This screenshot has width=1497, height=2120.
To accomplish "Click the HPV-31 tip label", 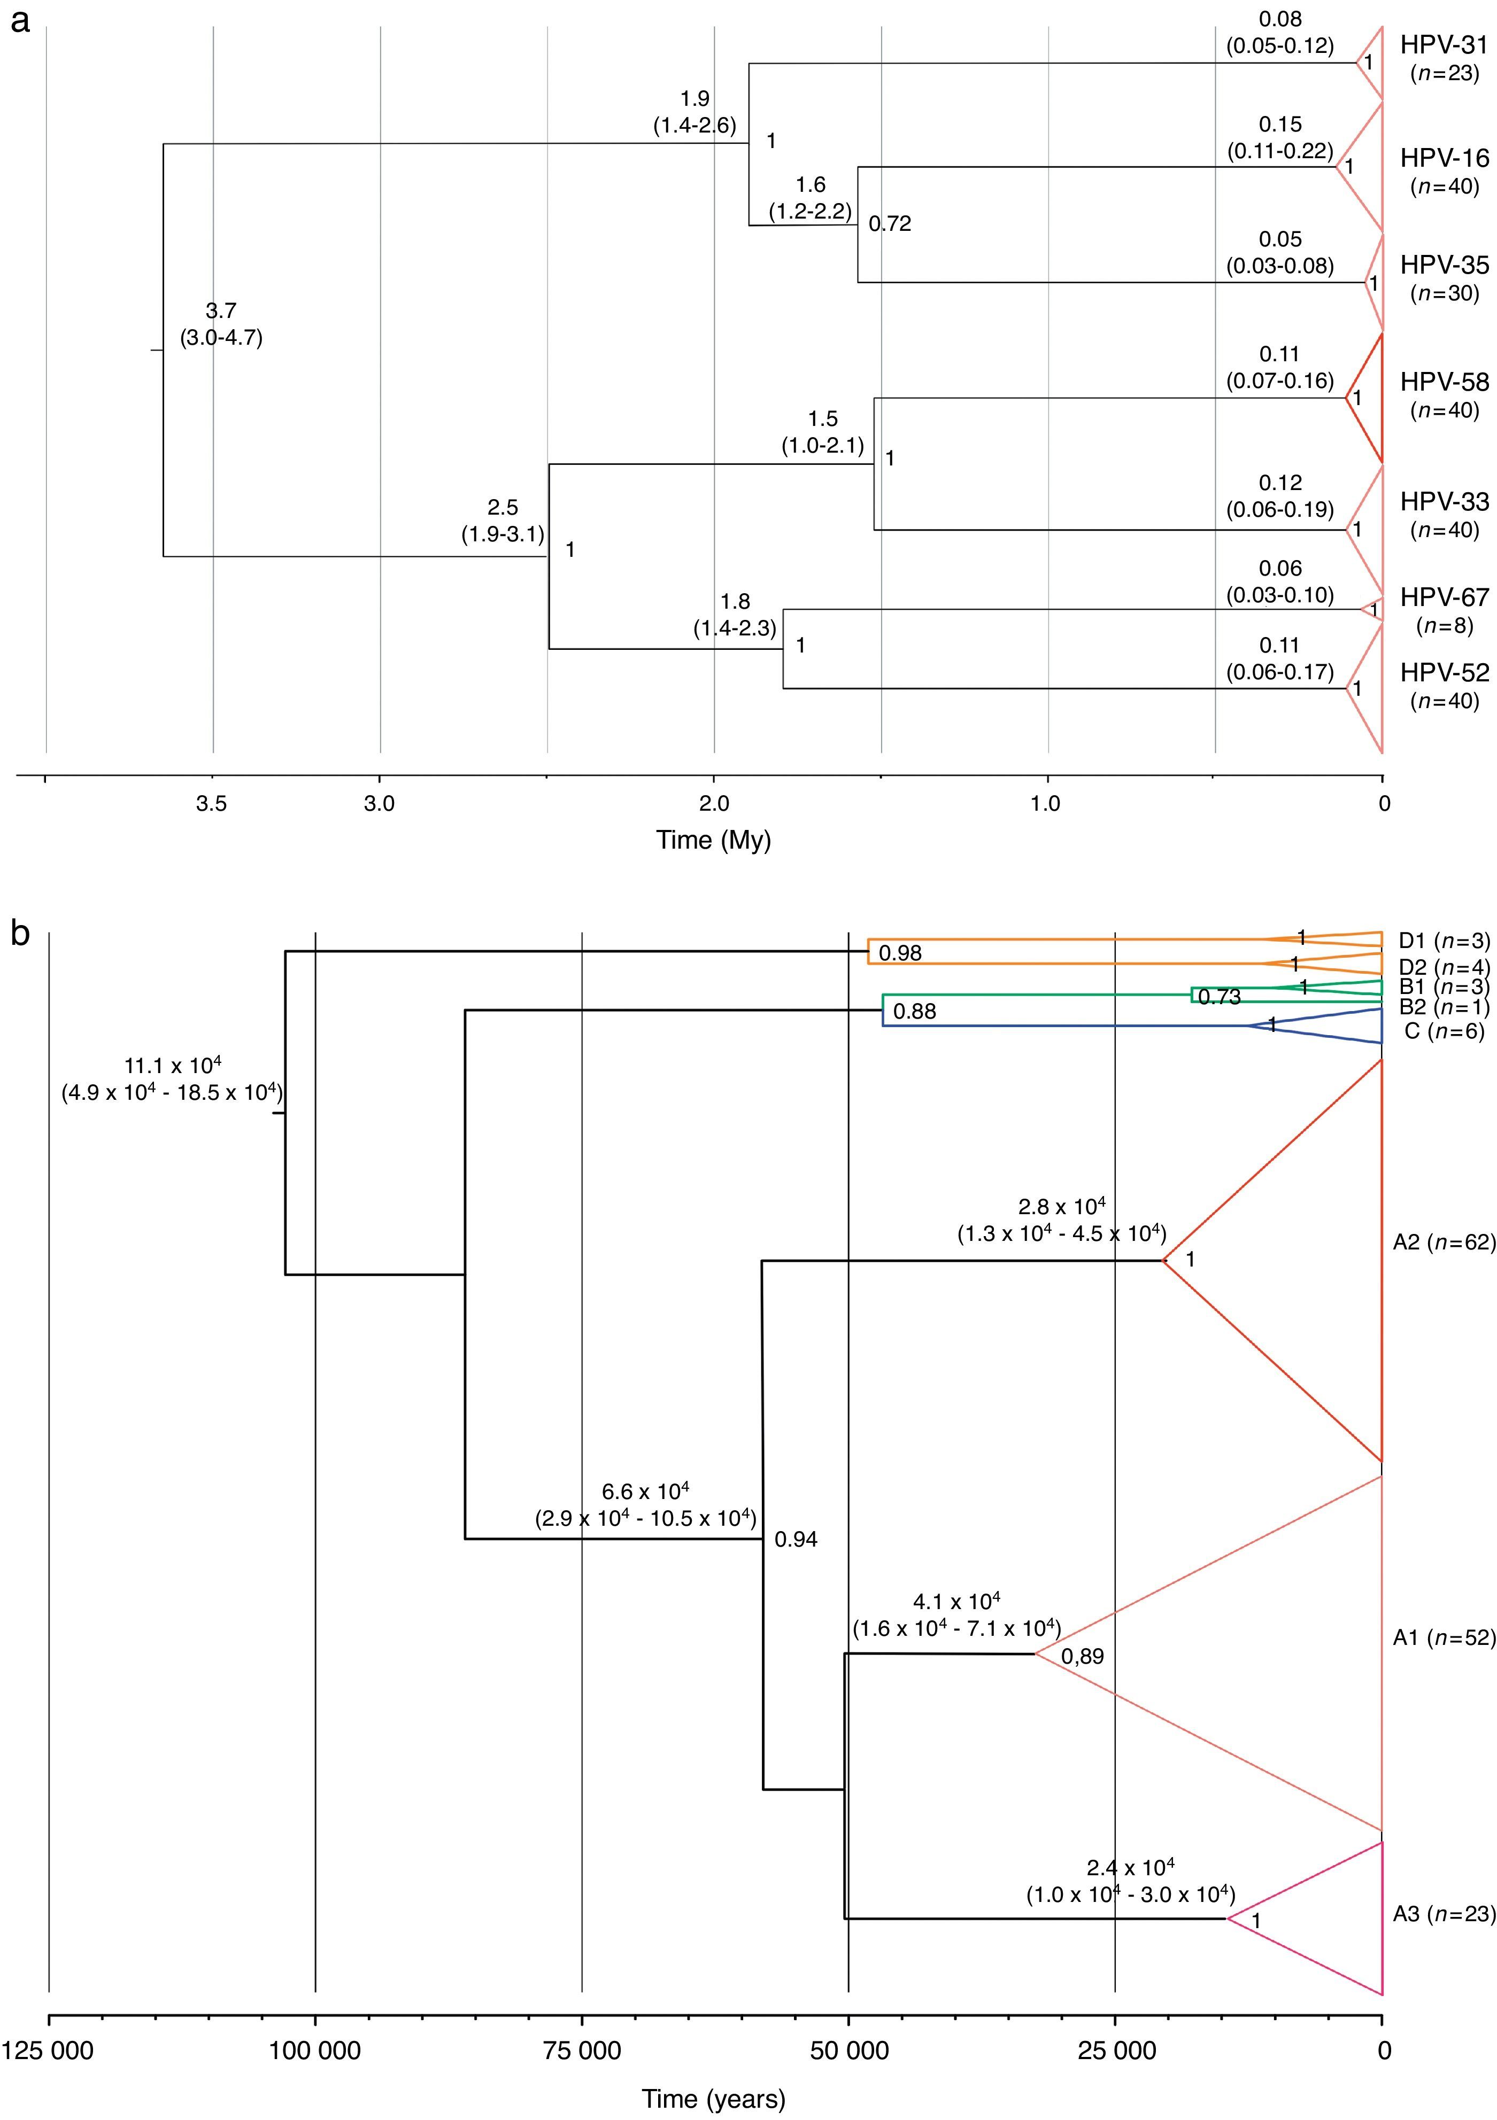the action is click(1445, 44).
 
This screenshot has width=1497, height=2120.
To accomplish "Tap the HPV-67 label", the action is click(1445, 597).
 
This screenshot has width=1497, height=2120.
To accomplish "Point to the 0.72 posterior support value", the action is click(889, 223).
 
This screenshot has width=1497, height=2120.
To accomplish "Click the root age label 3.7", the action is click(221, 311).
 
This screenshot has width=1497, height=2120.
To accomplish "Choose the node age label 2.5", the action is click(503, 508).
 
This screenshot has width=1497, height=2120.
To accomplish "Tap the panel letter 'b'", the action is click(20, 934).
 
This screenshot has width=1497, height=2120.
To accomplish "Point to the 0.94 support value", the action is click(796, 1539).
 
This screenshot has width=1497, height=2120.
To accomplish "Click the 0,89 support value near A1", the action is click(1082, 1657).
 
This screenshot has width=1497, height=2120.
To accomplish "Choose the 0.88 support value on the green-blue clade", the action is click(914, 1011).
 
